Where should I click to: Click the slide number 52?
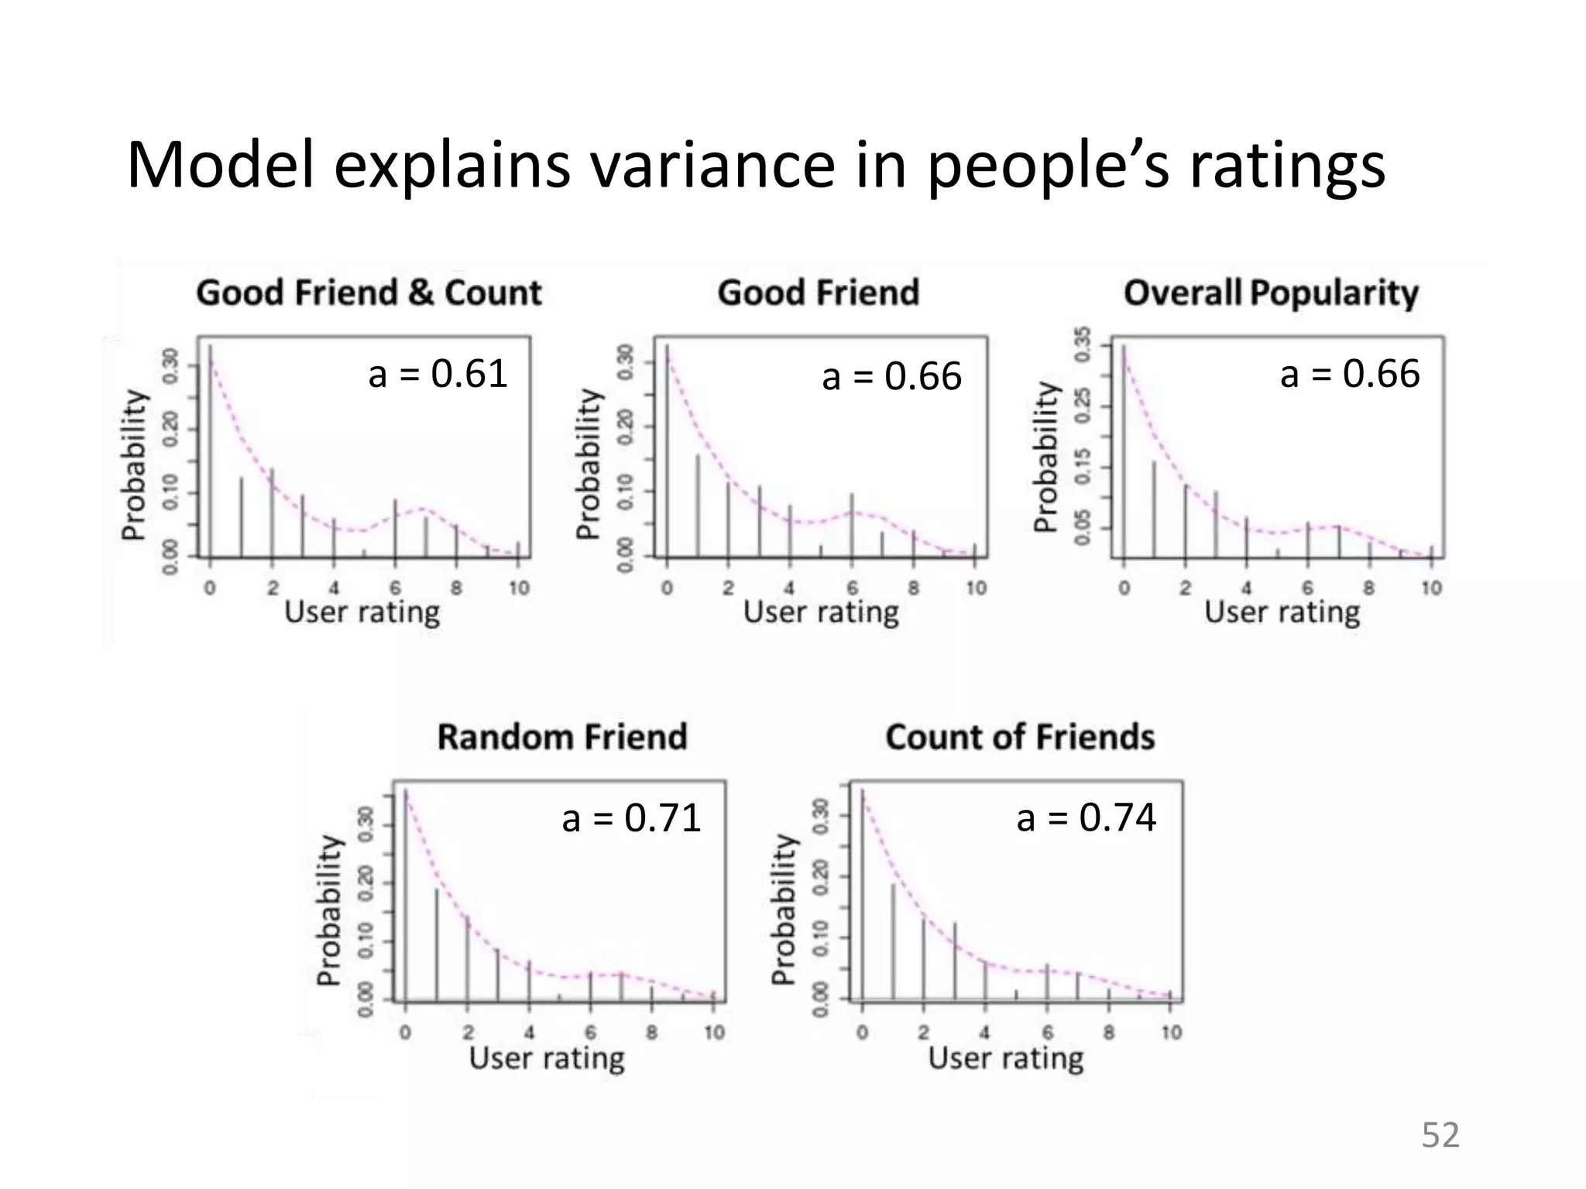click(1440, 1135)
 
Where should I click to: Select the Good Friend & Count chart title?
click(369, 293)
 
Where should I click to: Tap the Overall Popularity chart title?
click(1271, 293)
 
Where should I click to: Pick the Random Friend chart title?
click(562, 736)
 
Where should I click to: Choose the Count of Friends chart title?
click(1020, 736)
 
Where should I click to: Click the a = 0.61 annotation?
click(438, 374)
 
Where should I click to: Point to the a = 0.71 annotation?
click(631, 818)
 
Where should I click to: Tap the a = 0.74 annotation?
click(1086, 817)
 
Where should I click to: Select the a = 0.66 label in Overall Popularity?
click(1350, 374)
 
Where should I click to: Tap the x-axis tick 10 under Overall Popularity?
click(1431, 588)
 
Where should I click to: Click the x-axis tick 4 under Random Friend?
click(529, 1032)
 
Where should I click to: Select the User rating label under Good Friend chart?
click(821, 612)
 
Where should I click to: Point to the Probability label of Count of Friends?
click(784, 909)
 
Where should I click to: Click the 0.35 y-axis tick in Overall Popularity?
click(1083, 344)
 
